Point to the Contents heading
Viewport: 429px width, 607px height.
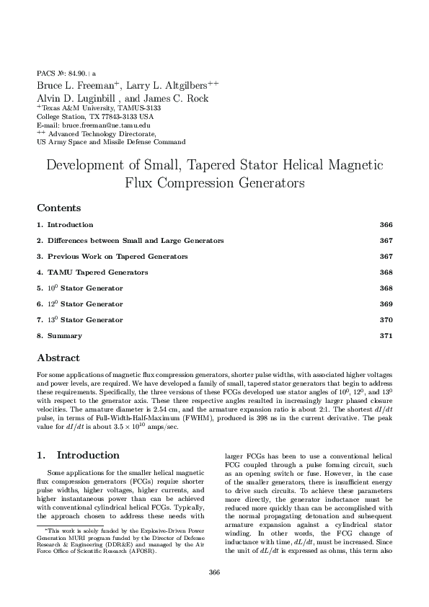pos(58,208)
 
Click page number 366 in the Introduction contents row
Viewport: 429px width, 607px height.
pos(385,226)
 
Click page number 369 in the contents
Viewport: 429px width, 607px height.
pos(385,304)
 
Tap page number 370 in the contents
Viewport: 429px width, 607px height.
pos(385,320)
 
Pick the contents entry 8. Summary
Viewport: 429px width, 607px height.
pos(64,336)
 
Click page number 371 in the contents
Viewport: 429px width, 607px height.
pos(385,336)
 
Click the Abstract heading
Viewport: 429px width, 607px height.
pos(58,358)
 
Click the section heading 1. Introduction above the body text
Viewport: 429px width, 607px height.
pos(78,456)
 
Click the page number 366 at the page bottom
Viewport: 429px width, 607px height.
pos(214,572)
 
